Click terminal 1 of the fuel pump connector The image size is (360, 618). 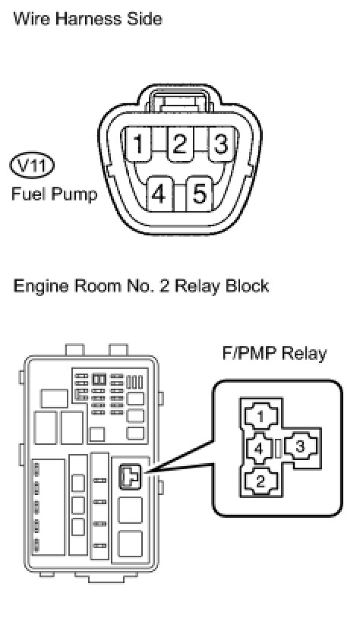(137, 144)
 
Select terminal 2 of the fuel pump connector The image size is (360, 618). (179, 144)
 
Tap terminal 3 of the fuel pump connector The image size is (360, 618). (221, 144)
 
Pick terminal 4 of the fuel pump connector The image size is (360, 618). (159, 194)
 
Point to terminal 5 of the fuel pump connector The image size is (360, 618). (200, 194)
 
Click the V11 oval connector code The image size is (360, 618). (32, 166)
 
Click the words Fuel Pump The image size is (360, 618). (55, 194)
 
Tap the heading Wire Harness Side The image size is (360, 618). (87, 18)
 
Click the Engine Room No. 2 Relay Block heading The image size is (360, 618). (141, 285)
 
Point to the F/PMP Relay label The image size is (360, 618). (274, 354)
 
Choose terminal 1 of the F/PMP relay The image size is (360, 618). (261, 416)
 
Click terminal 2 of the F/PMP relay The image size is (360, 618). (261, 481)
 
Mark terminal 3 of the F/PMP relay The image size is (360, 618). (301, 447)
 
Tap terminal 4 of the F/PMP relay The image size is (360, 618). (259, 448)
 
